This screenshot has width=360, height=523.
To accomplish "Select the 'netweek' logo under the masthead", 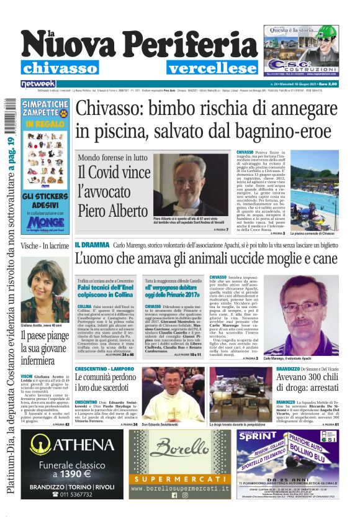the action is pyautogui.click(x=38, y=83).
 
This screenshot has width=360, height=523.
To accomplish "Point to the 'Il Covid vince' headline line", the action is pyautogui.click(x=114, y=172).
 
